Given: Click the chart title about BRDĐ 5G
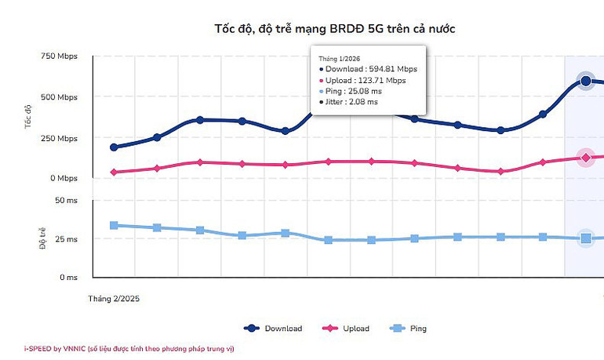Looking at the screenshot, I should (334, 29).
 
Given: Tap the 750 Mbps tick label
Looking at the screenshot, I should (60, 56).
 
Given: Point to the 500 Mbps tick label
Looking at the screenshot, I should (60, 97).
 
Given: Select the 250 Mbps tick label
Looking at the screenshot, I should (60, 138).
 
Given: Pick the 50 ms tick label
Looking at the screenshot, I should (66, 201).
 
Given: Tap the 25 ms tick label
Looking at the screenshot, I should (66, 239).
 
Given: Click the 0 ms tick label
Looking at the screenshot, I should (68, 278).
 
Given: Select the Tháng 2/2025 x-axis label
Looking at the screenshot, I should (113, 299).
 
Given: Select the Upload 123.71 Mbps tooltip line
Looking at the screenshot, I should (366, 80).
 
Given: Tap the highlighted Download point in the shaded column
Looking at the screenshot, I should (585, 81).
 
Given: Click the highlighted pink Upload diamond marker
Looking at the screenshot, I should (585, 158).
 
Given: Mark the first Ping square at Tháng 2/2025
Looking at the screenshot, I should (114, 225).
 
